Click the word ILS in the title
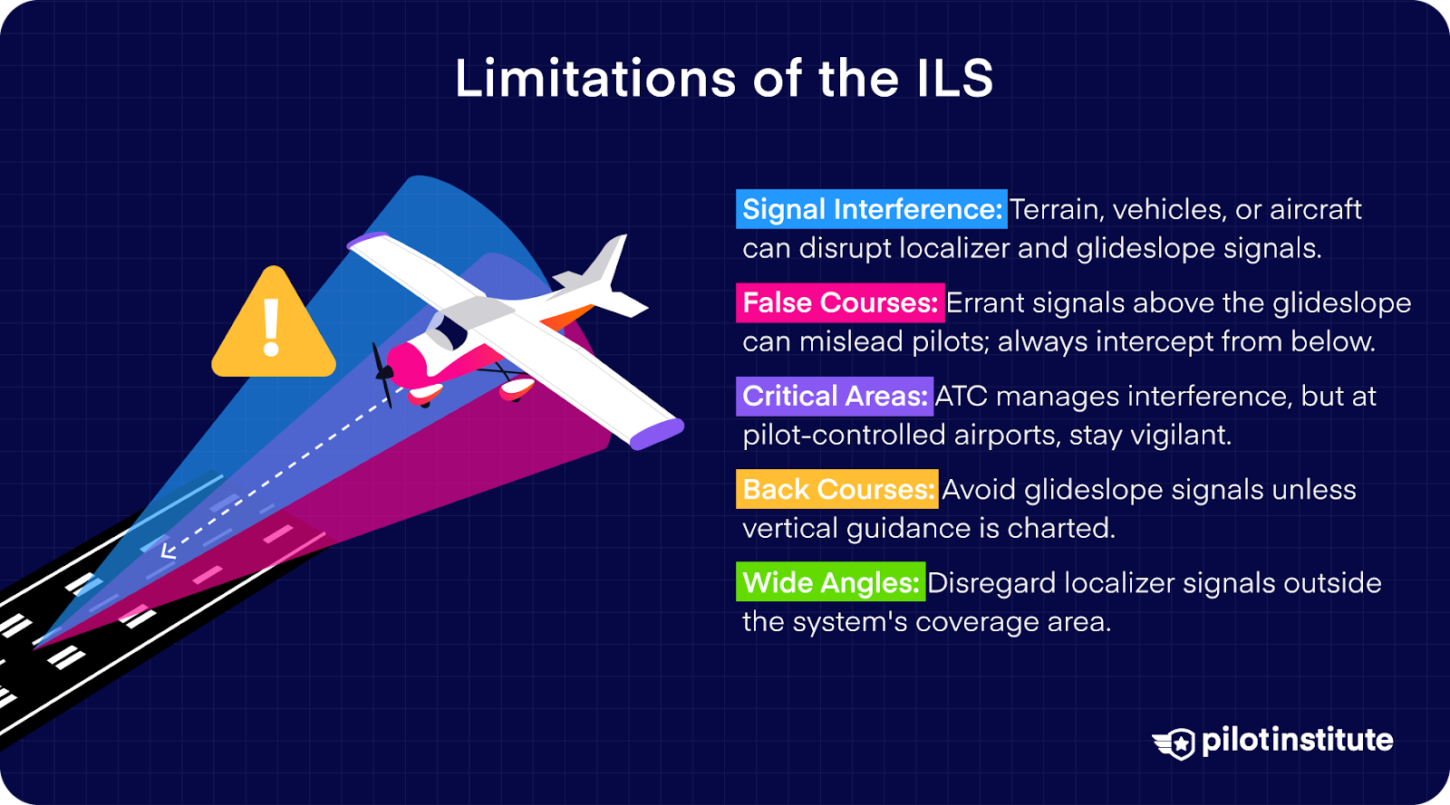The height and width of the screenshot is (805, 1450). coord(954,79)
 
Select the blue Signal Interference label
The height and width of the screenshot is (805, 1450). coord(871,209)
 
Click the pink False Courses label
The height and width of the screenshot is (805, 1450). coord(839,302)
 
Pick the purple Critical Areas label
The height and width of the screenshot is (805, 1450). coord(834,396)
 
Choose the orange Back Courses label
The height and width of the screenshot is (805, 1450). coord(836,489)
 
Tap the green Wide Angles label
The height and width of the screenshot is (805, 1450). coord(830,582)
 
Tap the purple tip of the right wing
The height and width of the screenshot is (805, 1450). coord(656,435)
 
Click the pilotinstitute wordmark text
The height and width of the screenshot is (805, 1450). coord(1297,740)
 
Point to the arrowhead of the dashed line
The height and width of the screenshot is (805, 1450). coord(168,549)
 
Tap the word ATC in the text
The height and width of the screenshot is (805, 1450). coord(961,396)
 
